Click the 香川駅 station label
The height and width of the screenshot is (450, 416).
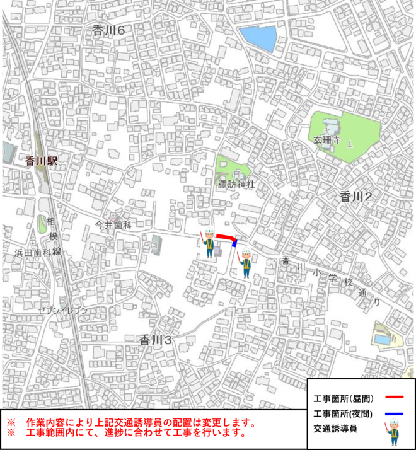(x=42, y=161)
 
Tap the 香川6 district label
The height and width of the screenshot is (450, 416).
(x=108, y=30)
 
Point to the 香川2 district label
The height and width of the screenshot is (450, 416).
(x=356, y=196)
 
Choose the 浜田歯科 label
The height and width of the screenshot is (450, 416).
(x=33, y=253)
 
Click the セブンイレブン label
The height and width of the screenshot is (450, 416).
(x=62, y=311)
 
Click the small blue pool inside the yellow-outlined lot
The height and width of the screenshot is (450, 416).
(x=382, y=340)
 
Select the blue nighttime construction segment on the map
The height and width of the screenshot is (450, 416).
(x=235, y=242)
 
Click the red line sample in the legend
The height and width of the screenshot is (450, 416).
(x=393, y=398)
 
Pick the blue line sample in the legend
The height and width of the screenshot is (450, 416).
(x=393, y=413)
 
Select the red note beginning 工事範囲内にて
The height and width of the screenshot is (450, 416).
(x=135, y=433)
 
